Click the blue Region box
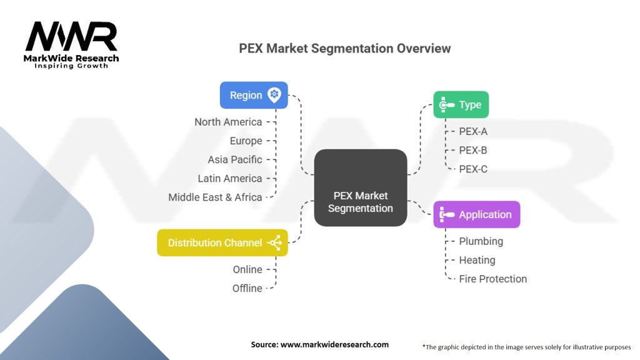(254, 95)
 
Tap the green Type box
(461, 104)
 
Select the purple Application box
(477, 214)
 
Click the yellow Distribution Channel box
(222, 243)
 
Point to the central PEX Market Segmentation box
(361, 187)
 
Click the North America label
(228, 122)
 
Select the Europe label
(246, 141)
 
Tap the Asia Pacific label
(235, 159)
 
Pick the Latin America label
(230, 178)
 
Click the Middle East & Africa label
(215, 197)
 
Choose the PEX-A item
(473, 131)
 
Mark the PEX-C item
(473, 169)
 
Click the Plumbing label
(481, 241)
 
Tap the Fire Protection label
(492, 279)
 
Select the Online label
(247, 269)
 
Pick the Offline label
(247, 288)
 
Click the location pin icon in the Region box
(274, 95)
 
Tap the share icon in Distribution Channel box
(275, 243)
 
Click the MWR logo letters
(71, 36)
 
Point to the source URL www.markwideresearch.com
(334, 344)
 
